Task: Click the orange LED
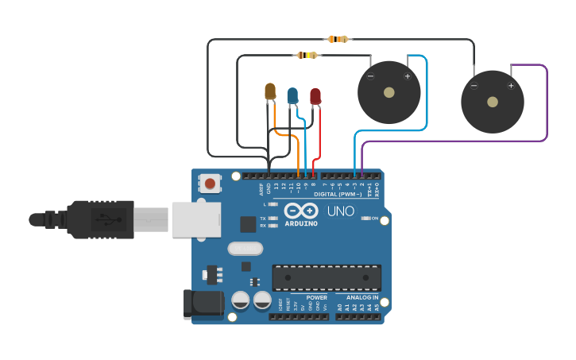click(270, 91)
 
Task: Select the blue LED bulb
click(292, 95)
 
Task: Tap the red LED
click(315, 96)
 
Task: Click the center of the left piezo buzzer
click(389, 92)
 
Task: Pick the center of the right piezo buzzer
click(493, 102)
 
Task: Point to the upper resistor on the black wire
click(338, 39)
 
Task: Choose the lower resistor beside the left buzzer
click(307, 55)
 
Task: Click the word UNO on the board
click(341, 211)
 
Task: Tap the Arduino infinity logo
click(302, 211)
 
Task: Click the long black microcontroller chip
click(327, 277)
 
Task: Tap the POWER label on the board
click(316, 297)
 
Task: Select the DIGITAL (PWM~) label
click(338, 194)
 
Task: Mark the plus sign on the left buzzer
click(408, 76)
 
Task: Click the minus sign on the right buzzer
click(474, 86)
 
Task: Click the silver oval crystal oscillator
click(245, 248)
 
